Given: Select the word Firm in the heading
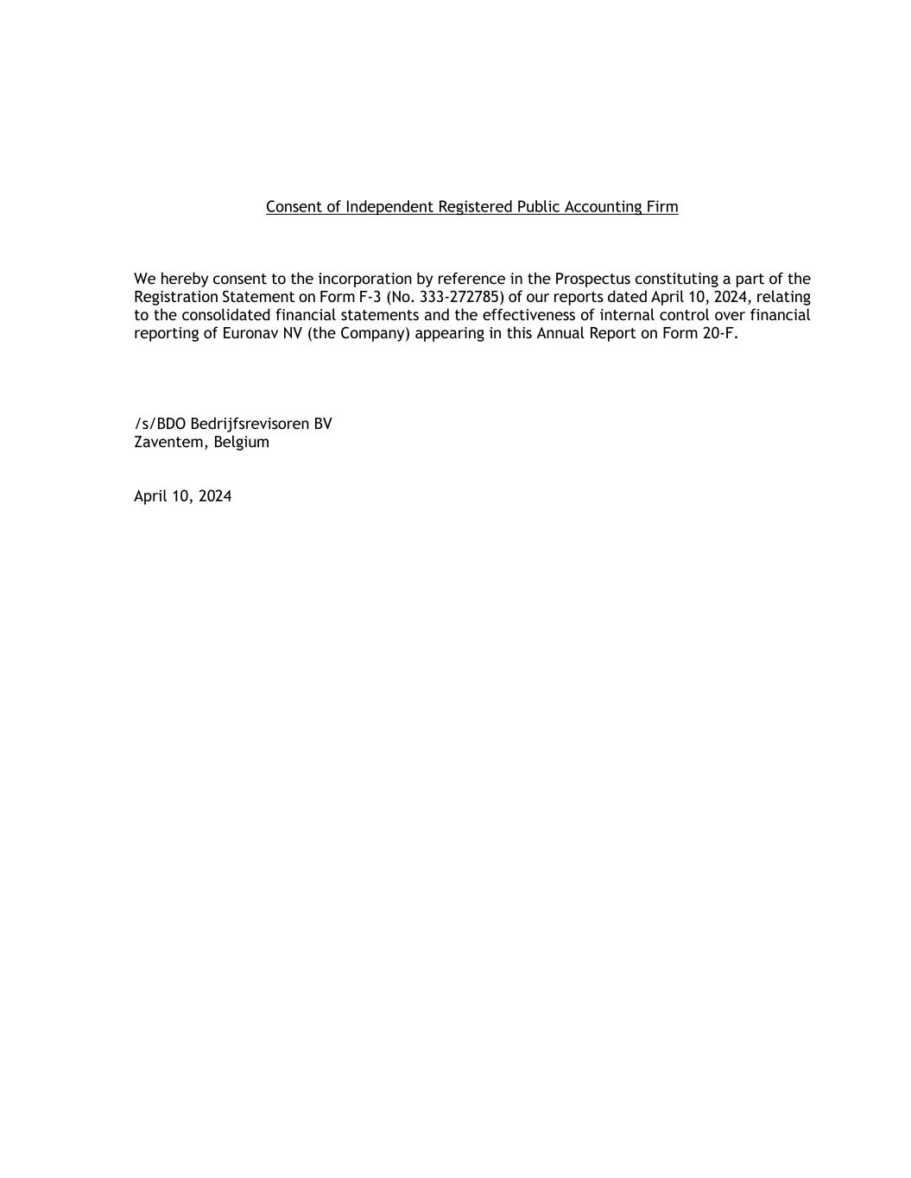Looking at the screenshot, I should (x=662, y=207).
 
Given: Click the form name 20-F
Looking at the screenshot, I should (x=720, y=333).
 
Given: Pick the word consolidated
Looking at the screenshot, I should (x=226, y=315).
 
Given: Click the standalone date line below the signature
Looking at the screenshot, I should (x=182, y=496).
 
